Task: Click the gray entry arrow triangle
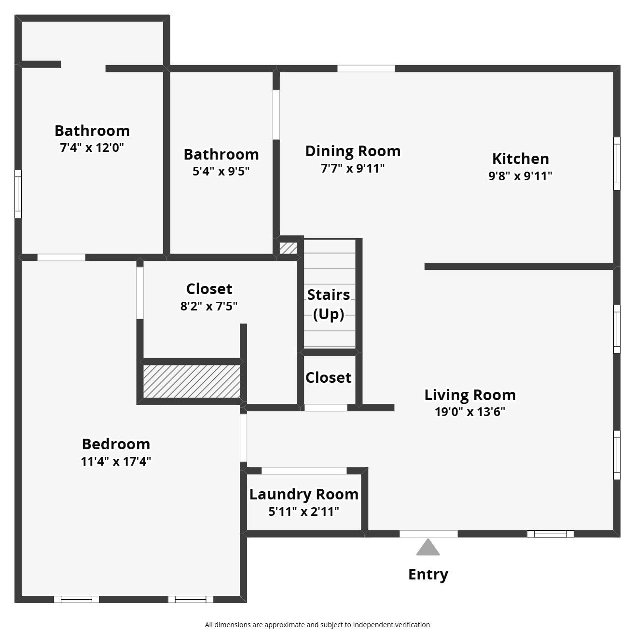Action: coord(428,547)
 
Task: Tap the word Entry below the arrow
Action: coord(428,574)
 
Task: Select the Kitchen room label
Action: coord(520,159)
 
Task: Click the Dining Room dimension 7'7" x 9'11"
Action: coord(353,168)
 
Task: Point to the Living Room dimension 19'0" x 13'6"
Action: coord(470,412)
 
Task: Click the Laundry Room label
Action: coord(304,494)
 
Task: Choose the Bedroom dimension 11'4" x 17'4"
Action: coord(116,461)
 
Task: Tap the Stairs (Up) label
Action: coord(329,304)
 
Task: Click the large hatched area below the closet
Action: coord(192,381)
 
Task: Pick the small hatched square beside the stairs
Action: coord(288,248)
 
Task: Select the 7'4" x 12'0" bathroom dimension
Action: coord(92,148)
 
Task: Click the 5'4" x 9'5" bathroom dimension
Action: coord(221,171)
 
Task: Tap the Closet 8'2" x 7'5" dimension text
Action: coord(209,306)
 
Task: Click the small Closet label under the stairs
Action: coord(328,377)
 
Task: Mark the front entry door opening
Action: coord(428,534)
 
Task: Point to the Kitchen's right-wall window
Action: coord(617,163)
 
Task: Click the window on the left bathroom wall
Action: coord(18,194)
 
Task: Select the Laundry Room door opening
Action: coord(304,471)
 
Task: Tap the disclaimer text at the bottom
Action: coord(317,625)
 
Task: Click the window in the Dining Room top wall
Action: coord(366,68)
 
